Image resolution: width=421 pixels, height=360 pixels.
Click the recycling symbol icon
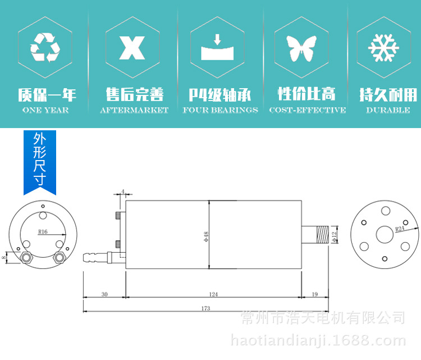[x=45, y=47]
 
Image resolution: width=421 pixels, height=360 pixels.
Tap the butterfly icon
[x=299, y=49]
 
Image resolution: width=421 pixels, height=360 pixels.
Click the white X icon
[x=132, y=48]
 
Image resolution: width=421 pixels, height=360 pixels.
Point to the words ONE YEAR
[x=46, y=110]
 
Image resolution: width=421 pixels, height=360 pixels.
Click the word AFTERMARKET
[x=134, y=110]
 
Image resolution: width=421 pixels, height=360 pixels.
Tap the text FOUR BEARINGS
[x=220, y=110]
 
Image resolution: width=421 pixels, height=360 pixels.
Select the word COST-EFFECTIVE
[x=307, y=110]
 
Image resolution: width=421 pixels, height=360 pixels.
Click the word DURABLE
[x=388, y=110]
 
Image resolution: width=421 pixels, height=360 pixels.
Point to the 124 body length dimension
[x=213, y=294]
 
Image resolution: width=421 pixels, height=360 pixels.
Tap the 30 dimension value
[x=104, y=294]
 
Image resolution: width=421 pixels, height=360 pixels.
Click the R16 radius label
[x=43, y=231]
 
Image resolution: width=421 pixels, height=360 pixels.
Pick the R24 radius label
[x=399, y=229]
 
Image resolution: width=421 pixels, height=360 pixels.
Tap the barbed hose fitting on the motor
[x=95, y=258]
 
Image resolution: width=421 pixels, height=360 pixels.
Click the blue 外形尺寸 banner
[x=39, y=160]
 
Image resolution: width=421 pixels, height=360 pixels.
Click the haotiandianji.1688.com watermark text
[x=318, y=340]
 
